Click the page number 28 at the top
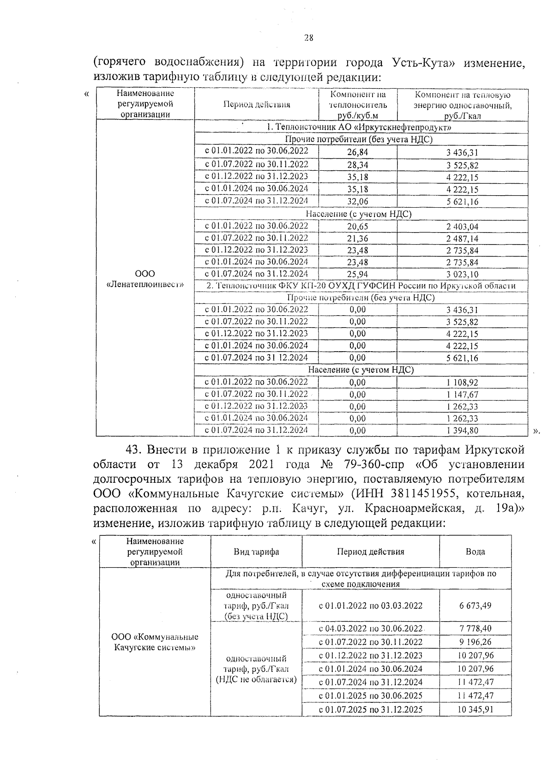tap(309, 38)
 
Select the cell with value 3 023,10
tap(462, 274)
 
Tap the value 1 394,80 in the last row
tap(462, 431)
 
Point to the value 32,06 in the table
tap(358, 202)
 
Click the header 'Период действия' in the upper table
tap(257, 105)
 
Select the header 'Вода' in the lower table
tap(475, 551)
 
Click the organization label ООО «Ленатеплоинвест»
tap(145, 279)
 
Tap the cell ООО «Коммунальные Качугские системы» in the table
tap(155, 642)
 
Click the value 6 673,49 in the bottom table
tap(475, 605)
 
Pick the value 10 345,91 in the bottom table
tap(475, 709)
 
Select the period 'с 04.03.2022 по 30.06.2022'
tap(371, 629)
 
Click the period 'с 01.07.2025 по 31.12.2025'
tap(371, 709)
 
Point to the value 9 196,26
tap(475, 642)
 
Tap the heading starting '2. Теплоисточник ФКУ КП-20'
tap(361, 286)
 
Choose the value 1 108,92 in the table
tap(462, 383)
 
